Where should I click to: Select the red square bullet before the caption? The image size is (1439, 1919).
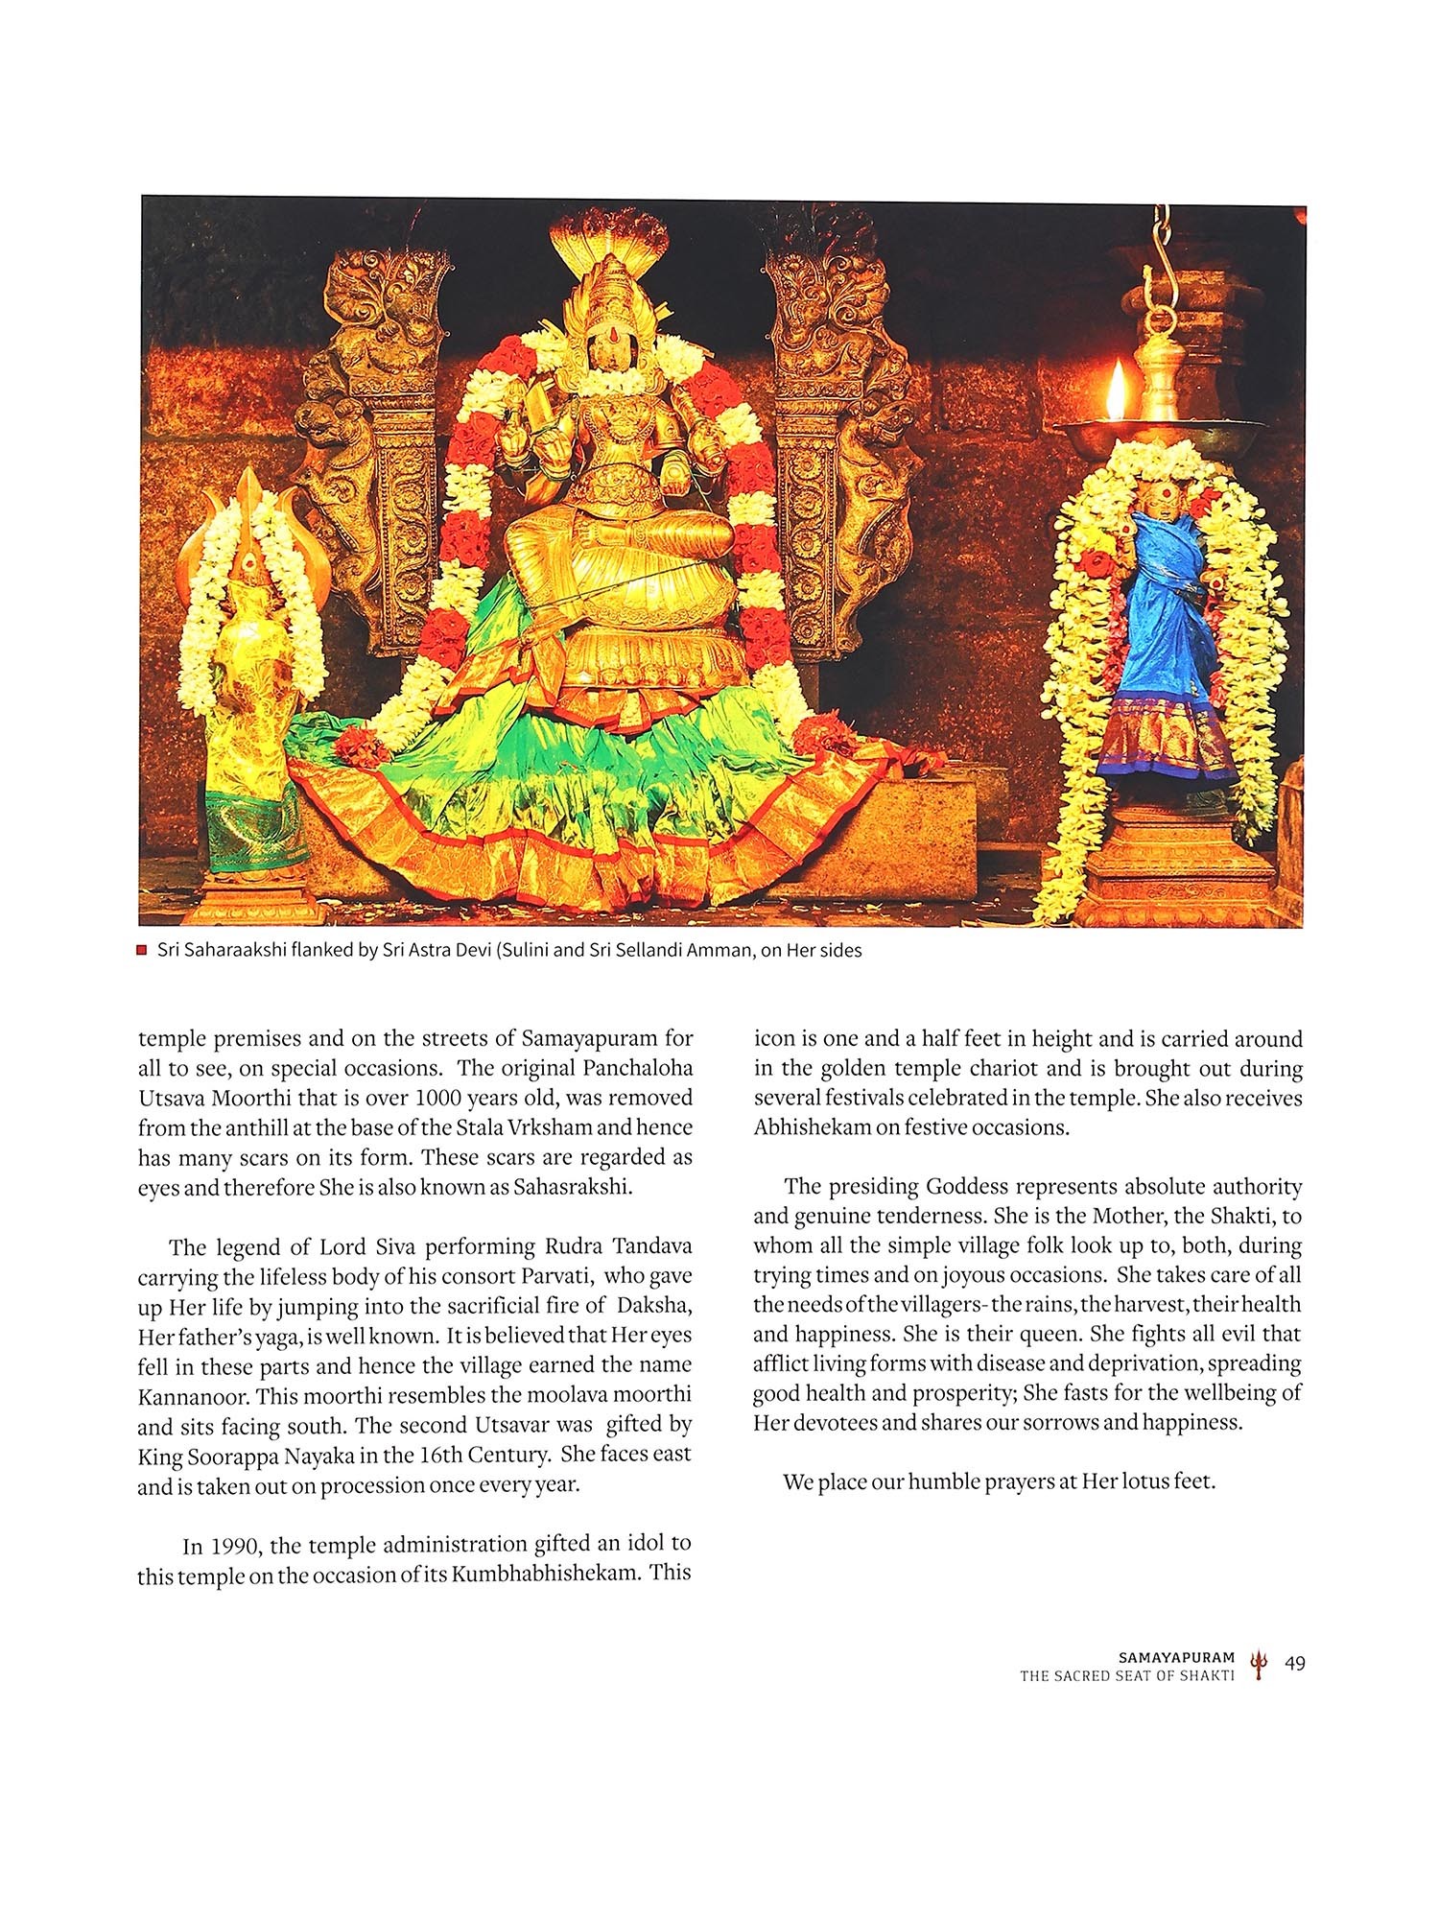pyautogui.click(x=142, y=951)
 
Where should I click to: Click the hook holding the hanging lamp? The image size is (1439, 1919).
pyautogui.click(x=1166, y=249)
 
